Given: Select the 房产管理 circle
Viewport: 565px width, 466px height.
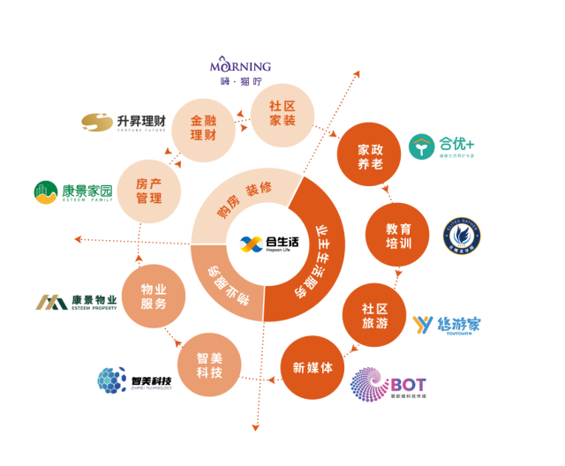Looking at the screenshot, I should (x=149, y=191).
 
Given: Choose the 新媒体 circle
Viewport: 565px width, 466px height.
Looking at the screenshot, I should (x=313, y=367).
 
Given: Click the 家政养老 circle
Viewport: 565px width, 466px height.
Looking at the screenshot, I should (x=370, y=153).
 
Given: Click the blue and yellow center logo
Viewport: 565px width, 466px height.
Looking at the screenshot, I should (x=252, y=244).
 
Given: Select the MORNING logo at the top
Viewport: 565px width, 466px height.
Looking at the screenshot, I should (x=240, y=70).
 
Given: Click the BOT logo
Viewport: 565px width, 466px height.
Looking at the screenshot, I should (x=388, y=385).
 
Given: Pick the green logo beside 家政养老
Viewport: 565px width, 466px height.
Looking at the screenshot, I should (x=441, y=146).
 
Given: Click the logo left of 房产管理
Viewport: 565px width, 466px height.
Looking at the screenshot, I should (x=72, y=192).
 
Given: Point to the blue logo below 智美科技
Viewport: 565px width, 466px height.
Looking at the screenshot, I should (x=132, y=380).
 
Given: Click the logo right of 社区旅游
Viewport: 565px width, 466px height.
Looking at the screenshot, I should (x=446, y=325).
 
